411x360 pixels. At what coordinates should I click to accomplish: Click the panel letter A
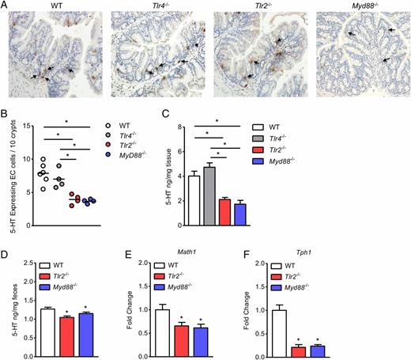click(5, 5)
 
